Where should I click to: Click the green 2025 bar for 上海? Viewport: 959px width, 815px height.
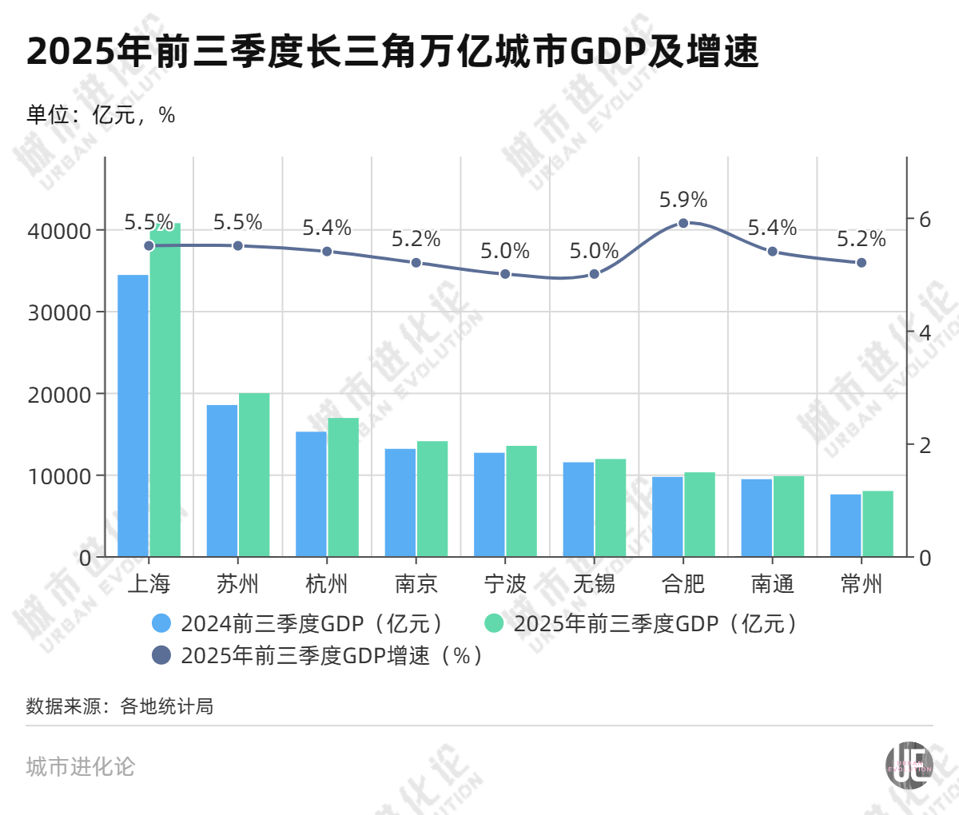point(165,392)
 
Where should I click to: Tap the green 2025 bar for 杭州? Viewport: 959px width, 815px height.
point(344,487)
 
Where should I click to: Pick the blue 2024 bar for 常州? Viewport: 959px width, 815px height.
point(846,526)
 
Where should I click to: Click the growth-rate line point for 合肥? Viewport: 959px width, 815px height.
point(683,223)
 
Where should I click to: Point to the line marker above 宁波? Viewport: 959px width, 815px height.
point(505,274)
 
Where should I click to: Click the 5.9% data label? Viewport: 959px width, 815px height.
point(683,200)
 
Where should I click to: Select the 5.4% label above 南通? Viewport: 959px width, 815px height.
point(772,229)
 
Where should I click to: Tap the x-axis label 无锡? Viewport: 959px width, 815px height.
point(594,584)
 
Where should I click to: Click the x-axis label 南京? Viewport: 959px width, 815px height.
point(416,584)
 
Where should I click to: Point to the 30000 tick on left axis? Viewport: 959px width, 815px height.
point(59,313)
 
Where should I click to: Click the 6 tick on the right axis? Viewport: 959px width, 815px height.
point(925,220)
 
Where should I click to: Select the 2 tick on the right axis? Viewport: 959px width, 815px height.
point(925,445)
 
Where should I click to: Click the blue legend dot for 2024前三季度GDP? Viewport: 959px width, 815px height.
point(161,623)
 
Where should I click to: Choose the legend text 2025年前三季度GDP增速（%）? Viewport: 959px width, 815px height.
point(332,656)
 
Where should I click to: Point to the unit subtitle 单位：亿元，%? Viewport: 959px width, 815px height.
point(101,115)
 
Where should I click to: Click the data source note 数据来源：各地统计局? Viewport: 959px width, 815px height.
point(120,706)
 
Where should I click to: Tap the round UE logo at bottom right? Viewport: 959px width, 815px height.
point(909,765)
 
